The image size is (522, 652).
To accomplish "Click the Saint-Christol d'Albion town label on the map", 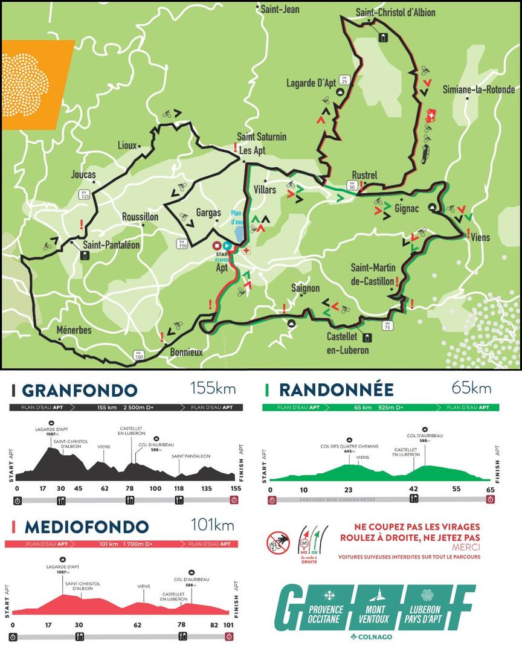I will pos(395,13).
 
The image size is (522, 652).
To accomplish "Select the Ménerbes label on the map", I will pos(74,330).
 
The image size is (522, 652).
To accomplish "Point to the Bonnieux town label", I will pos(186,352).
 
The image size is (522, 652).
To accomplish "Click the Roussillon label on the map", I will pos(140,217).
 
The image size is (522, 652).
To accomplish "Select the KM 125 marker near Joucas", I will pos(84,194).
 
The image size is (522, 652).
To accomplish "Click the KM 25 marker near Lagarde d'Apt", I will pos(344,80).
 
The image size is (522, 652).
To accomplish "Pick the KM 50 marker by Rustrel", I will pos(352,185).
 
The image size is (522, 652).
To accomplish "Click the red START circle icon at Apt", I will pos(217,246).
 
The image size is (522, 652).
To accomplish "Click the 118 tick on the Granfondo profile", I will pos(179,488).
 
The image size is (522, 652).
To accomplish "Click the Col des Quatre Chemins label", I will pos(349,446).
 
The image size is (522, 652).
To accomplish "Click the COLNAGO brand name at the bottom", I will pos(375,637).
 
